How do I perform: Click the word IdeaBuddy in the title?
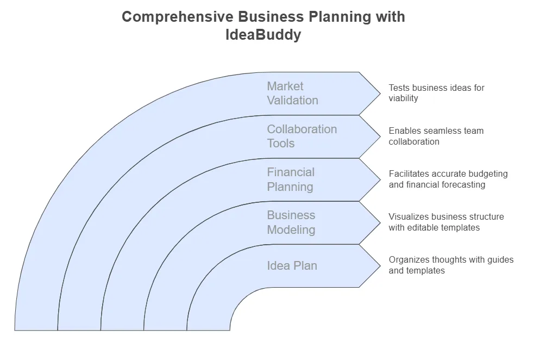click(263, 35)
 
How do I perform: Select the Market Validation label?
click(292, 93)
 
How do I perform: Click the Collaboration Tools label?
click(302, 136)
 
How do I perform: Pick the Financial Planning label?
click(291, 179)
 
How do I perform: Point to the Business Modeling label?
click(291, 222)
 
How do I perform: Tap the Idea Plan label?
click(292, 265)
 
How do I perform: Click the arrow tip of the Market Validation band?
click(379, 93)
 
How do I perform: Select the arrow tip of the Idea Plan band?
click(379, 265)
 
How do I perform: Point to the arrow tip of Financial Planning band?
click(379, 179)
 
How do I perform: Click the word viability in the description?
click(403, 98)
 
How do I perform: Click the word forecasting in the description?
click(461, 185)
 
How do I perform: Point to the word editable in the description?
click(425, 228)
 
